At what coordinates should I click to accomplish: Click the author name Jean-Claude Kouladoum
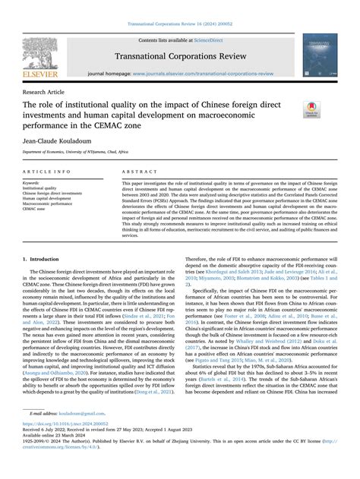coord(55,141)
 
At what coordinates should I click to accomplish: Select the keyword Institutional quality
coord(40,188)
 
